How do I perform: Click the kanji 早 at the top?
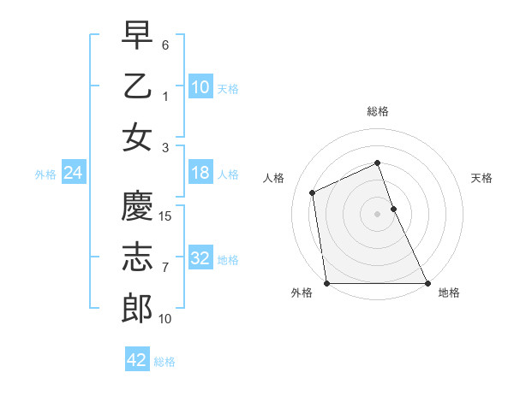point(137,36)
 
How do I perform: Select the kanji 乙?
point(137,87)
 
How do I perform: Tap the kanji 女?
point(137,138)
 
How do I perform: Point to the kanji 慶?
point(137,206)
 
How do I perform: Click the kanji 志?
point(137,257)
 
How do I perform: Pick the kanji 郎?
point(137,309)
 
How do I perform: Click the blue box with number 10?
point(200,87)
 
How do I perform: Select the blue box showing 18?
point(200,174)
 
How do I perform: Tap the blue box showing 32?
point(200,258)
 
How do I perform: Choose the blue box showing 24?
point(73,174)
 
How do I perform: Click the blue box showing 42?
point(136,360)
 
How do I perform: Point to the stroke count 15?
point(166,216)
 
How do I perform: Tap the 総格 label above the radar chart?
point(377,111)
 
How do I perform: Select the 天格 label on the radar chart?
point(481,178)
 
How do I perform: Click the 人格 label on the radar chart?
point(273,178)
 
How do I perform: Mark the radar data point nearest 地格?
point(427,283)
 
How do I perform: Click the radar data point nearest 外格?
point(326,283)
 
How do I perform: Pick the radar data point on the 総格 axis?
point(377,163)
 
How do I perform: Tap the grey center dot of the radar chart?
point(377,214)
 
